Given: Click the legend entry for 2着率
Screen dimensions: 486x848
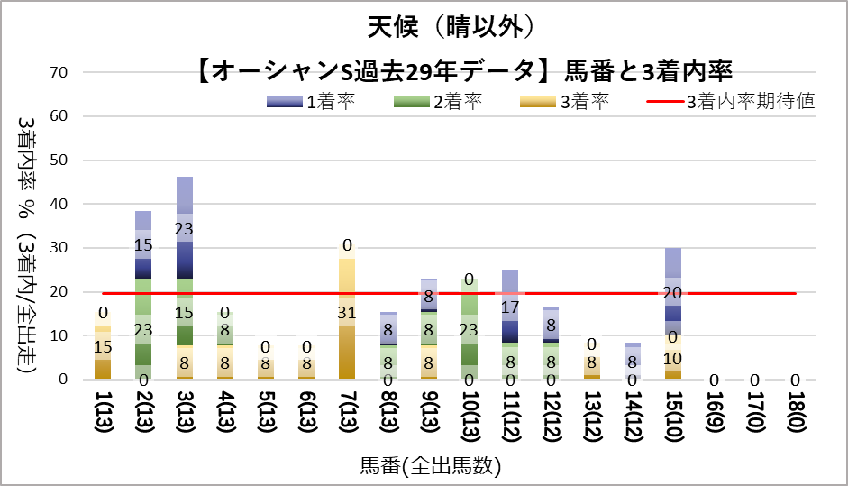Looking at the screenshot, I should (x=438, y=102).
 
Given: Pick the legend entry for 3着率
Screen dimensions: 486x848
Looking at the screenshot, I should (x=565, y=102).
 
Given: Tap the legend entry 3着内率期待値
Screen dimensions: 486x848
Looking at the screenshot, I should (x=731, y=102).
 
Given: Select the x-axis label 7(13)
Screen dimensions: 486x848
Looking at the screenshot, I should (x=347, y=417).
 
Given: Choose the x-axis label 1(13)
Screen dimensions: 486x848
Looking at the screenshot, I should (x=102, y=417).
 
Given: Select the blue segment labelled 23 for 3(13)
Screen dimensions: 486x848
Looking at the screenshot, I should (x=184, y=228).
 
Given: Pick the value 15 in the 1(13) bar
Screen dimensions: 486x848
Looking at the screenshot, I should (x=103, y=346).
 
